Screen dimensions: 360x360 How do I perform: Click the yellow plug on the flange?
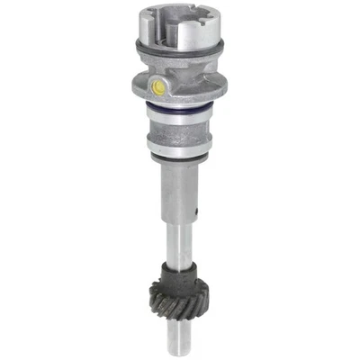click(159, 87)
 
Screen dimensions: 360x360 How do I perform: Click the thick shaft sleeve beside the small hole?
click(178, 193)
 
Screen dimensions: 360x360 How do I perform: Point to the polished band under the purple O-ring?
click(180, 116)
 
